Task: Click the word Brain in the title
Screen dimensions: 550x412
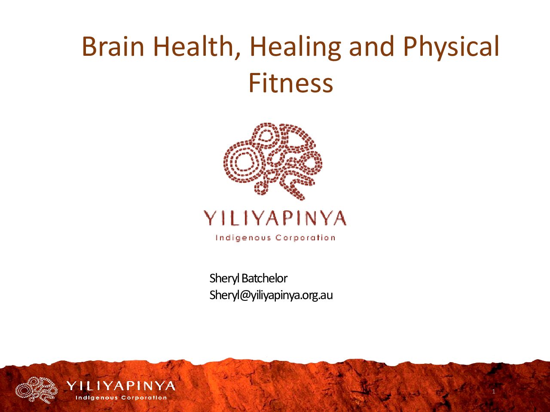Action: [x=113, y=46]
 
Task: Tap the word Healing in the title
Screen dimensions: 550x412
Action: [x=295, y=48]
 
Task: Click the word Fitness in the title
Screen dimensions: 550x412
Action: [x=290, y=82]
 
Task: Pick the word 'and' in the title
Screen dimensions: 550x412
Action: [x=372, y=46]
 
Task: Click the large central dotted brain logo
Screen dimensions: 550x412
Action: [x=272, y=161]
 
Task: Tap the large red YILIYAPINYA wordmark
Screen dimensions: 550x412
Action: [x=275, y=218]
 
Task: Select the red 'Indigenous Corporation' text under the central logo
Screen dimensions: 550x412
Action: [x=275, y=238]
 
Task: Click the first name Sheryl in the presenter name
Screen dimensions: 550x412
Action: [x=224, y=279]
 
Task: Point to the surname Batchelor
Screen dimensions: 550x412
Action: [x=264, y=278]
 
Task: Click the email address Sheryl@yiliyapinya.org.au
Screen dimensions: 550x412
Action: [x=271, y=295]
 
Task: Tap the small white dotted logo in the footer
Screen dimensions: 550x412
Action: [x=37, y=390]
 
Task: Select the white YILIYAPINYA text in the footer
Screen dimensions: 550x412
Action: [x=121, y=386]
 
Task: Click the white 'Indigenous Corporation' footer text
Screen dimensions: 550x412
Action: [x=121, y=398]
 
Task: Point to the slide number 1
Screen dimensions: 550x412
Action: [x=494, y=391]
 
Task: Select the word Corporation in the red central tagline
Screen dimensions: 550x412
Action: [x=306, y=238]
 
